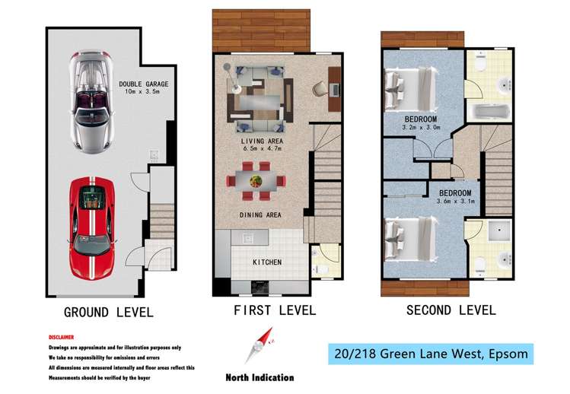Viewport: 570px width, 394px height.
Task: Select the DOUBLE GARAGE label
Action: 143,84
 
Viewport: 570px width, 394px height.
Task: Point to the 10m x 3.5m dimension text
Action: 143,94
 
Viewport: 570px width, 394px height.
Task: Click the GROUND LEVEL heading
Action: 108,312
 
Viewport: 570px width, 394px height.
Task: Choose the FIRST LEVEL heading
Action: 274,310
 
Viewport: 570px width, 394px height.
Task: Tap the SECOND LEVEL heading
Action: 451,310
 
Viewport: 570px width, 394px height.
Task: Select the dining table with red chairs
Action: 256,183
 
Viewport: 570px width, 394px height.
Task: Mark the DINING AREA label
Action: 260,215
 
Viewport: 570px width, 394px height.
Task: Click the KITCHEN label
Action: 267,262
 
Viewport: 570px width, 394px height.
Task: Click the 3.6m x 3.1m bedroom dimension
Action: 454,201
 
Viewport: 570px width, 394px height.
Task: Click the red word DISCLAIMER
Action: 62,336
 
